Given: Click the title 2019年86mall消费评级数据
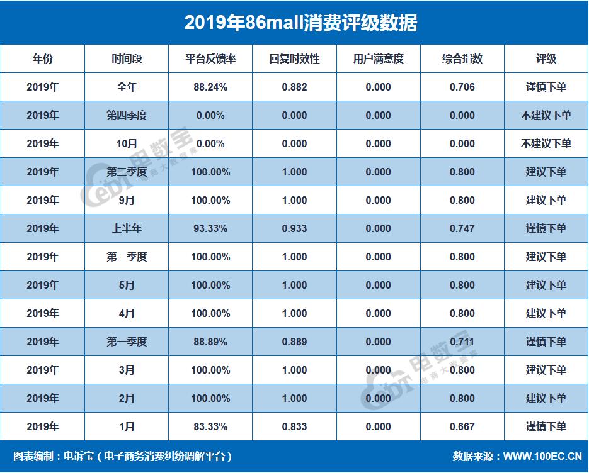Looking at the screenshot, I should [294, 23].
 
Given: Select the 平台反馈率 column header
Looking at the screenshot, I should [210, 59].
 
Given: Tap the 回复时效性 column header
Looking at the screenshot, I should [294, 59].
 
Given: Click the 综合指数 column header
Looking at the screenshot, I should [462, 59].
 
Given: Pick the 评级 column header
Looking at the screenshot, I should [546, 59].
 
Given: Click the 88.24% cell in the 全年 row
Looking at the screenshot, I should [210, 87].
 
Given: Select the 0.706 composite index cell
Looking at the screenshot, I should [462, 87].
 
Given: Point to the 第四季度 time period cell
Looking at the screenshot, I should [127, 116].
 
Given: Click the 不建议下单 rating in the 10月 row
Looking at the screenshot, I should [546, 144].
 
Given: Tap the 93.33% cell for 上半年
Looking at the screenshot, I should [210, 229].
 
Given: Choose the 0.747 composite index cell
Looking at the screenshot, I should [462, 229].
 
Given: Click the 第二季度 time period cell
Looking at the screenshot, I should [127, 257].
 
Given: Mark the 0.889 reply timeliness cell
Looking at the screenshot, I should [294, 342].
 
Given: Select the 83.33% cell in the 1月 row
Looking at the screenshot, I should [210, 427].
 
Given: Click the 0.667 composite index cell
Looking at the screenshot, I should [462, 427].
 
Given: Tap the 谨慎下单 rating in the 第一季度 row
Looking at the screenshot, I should [546, 342].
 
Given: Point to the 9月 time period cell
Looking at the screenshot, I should [127, 201].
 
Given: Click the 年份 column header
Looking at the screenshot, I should [42, 59].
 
